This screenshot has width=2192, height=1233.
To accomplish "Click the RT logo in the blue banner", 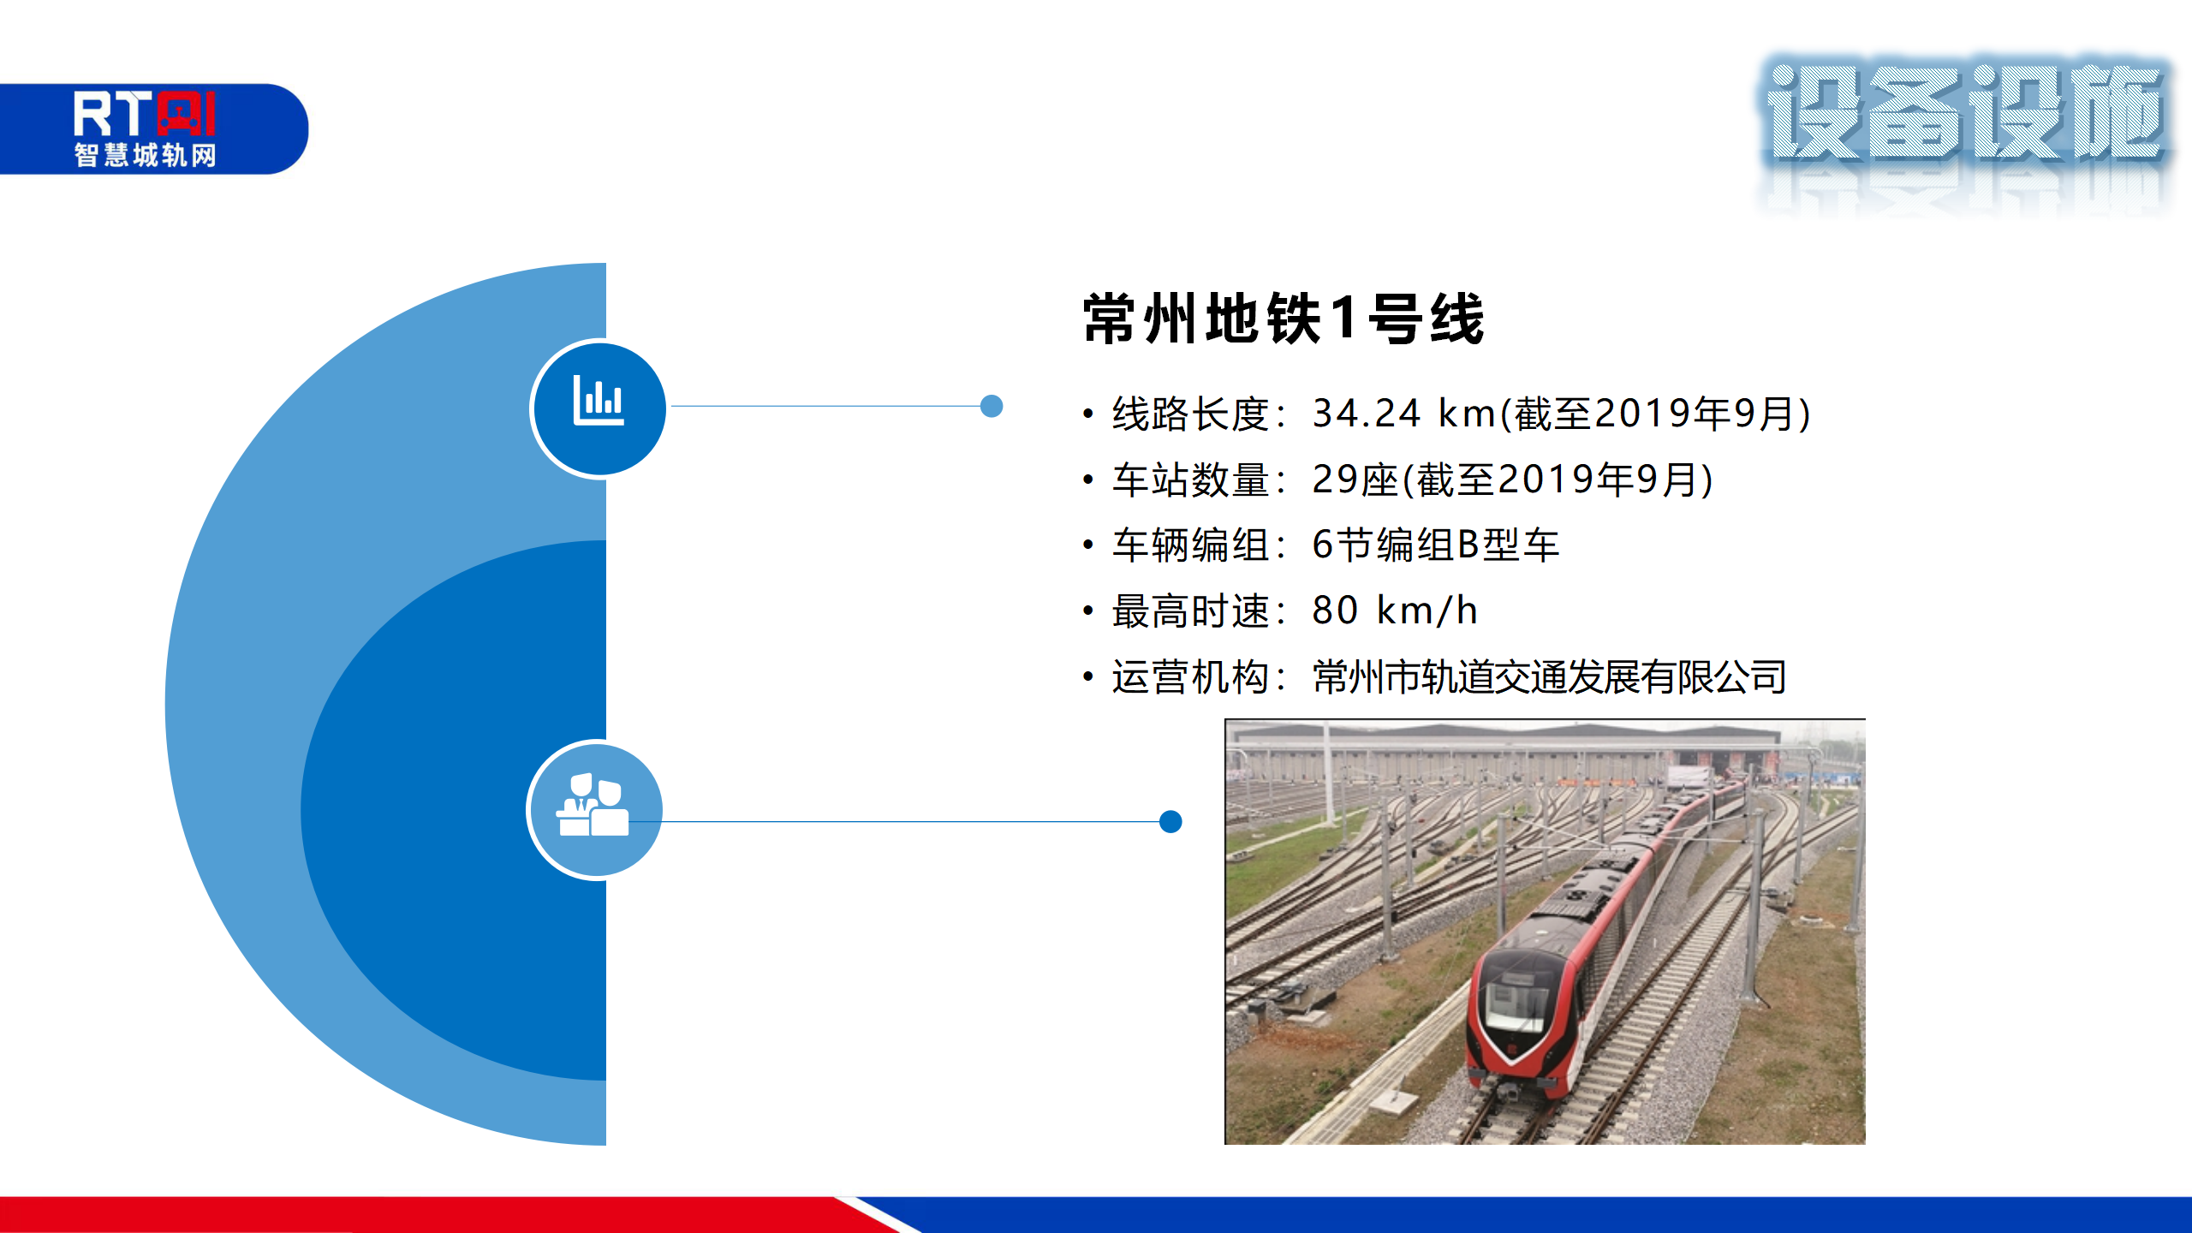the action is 144,113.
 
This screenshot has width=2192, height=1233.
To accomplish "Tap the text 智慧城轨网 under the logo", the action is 145,155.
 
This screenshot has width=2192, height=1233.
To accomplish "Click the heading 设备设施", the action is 1965,112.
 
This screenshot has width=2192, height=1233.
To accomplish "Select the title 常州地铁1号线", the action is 1283,319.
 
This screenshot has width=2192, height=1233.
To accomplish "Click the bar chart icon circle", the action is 599,408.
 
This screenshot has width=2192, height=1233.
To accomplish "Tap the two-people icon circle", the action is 595,809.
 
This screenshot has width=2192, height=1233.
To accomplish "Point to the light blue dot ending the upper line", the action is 992,406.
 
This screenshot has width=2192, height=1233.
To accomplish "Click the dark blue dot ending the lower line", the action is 1170,822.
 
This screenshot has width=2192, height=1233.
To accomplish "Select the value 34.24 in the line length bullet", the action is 1367,414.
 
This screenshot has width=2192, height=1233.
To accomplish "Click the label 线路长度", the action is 1190,414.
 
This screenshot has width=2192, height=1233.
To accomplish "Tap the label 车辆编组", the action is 1190,545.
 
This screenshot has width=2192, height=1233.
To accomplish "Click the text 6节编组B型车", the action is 1435,545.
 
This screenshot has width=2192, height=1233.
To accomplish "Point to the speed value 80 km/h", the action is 1395,611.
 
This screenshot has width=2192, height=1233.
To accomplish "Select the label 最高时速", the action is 1190,611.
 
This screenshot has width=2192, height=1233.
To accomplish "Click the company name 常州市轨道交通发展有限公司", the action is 1549,677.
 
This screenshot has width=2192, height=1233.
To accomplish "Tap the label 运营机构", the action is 1190,677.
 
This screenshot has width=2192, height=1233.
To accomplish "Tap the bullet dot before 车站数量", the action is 1088,479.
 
